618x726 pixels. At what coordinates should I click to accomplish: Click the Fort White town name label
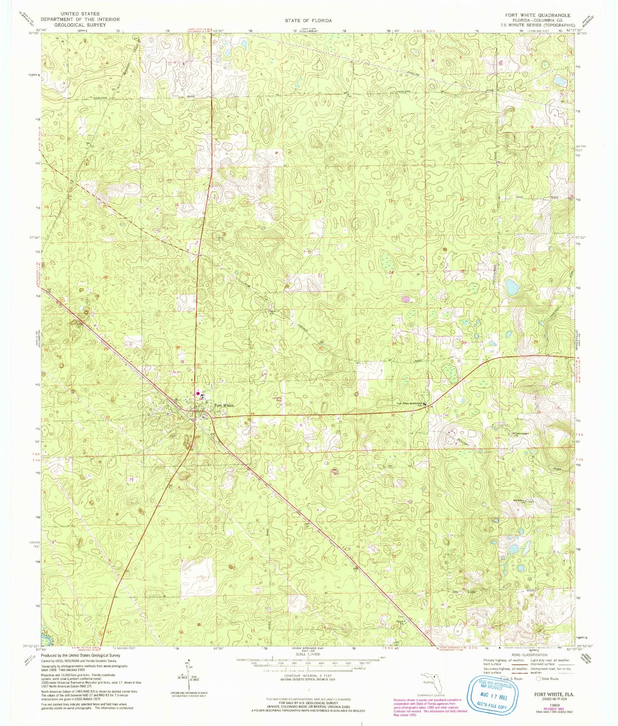tap(223, 405)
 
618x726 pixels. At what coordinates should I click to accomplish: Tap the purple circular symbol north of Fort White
tap(197, 394)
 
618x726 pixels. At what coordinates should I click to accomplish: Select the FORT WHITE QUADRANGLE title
tap(538, 15)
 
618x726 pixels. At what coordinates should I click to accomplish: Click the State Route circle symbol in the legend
tap(538, 679)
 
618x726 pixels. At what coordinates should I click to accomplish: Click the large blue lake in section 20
tap(512, 287)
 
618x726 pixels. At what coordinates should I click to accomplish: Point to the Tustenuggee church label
tap(521, 433)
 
